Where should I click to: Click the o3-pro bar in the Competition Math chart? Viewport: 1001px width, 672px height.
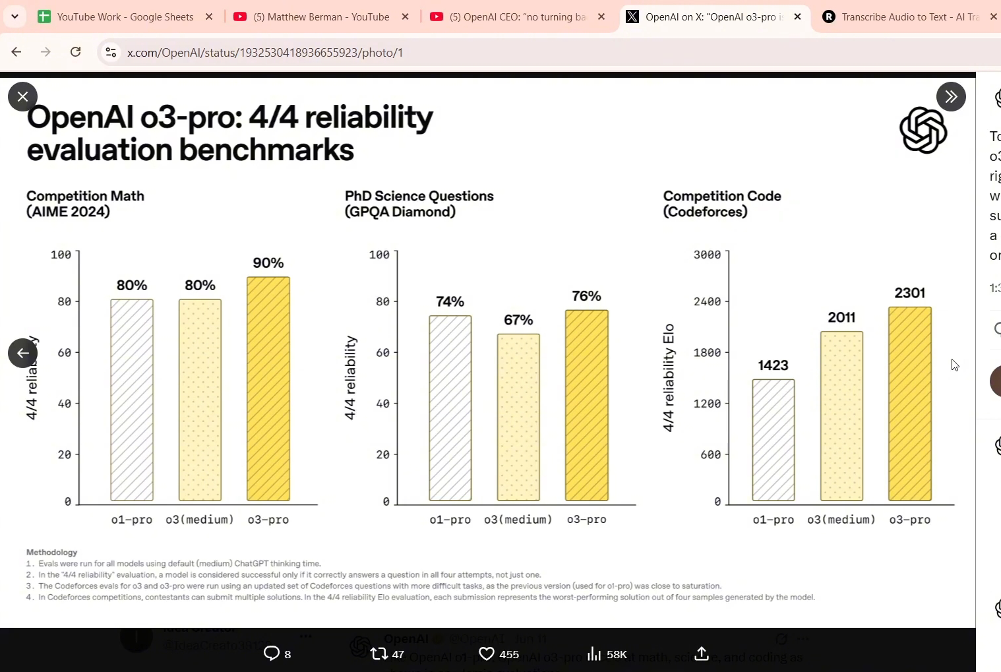pos(268,388)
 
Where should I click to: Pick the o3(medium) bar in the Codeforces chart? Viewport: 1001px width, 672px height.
pos(841,416)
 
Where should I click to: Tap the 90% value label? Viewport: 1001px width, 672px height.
pos(268,263)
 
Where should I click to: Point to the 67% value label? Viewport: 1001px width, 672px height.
pos(518,320)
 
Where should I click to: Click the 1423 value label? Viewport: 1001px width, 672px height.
pos(773,365)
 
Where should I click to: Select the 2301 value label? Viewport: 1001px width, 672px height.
pos(909,293)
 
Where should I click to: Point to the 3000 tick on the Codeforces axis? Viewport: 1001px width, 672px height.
pos(707,255)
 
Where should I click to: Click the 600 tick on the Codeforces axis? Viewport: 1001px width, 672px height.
pos(710,454)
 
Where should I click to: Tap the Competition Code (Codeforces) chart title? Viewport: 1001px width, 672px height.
pos(722,204)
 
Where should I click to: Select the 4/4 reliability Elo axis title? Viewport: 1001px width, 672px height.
pos(669,378)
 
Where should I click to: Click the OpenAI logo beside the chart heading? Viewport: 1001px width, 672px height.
pos(923,131)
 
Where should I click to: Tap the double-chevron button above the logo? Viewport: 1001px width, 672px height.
pos(951,97)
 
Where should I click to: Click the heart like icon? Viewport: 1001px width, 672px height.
pos(487,654)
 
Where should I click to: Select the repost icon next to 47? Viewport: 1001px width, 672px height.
pos(379,654)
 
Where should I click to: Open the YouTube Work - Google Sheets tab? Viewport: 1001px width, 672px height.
pos(125,17)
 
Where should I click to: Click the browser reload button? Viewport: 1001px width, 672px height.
pos(76,52)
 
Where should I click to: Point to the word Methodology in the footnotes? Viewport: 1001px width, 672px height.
pos(52,552)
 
